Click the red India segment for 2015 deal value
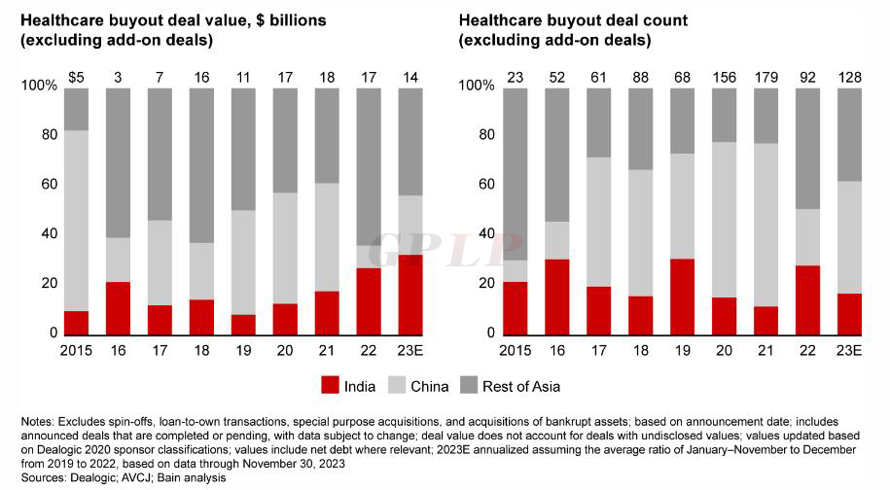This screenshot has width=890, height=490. pos(76,323)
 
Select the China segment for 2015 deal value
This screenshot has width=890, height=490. pos(76,220)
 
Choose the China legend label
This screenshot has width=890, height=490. pos(429,386)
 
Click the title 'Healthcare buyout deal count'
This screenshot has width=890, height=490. pos(558,19)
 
